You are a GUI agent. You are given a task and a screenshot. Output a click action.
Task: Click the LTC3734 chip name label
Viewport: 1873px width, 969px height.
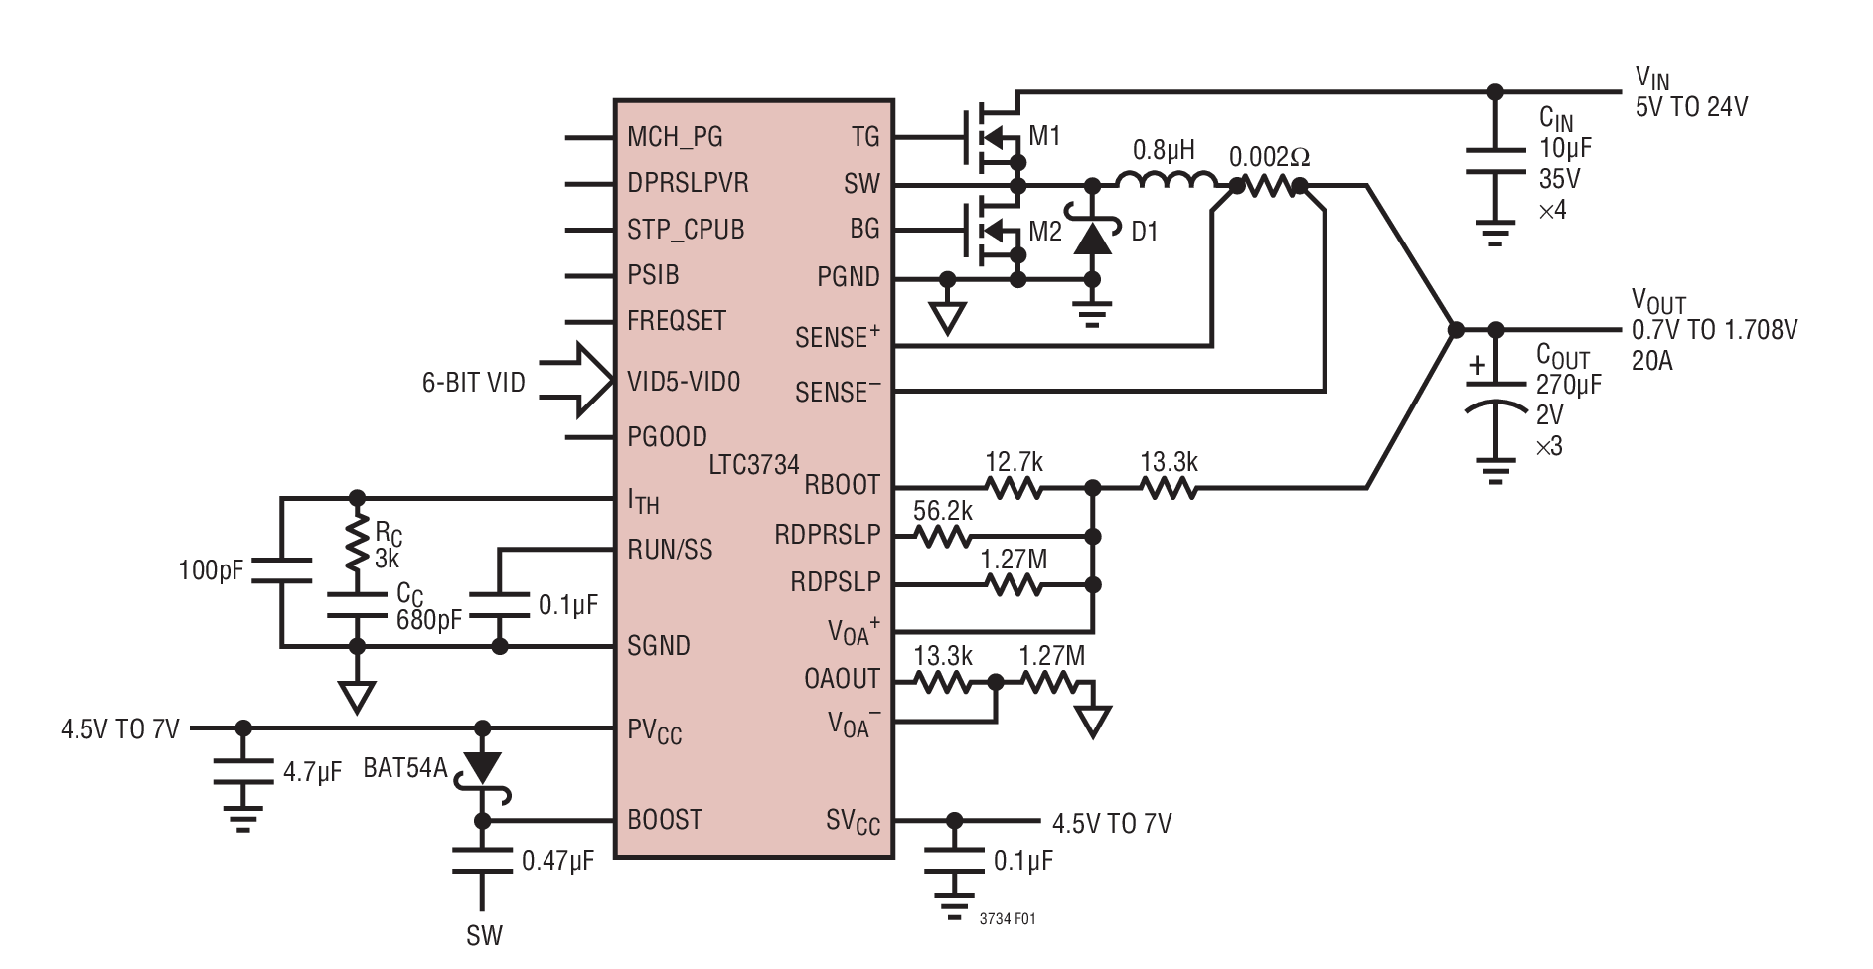[x=753, y=464]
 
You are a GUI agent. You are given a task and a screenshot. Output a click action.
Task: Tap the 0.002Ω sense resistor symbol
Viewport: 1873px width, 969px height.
[x=1269, y=185]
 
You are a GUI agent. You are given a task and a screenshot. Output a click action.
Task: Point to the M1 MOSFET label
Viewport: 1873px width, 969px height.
[x=1044, y=136]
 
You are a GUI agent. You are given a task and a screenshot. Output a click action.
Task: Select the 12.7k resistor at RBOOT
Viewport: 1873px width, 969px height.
[x=1014, y=488]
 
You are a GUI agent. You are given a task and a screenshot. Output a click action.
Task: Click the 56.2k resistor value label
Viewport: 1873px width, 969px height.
[x=942, y=511]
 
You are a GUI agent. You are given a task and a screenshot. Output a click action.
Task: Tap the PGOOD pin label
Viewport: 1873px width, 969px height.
[x=667, y=437]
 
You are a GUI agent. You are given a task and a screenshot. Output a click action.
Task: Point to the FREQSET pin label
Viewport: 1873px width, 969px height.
[x=677, y=321]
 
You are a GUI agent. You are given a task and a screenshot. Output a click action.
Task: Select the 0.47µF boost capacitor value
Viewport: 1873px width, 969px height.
[x=557, y=861]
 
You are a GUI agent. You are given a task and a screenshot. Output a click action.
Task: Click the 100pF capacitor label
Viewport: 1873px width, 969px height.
[x=211, y=570]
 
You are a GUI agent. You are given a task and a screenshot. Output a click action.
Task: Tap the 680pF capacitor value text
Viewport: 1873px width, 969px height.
[x=428, y=620]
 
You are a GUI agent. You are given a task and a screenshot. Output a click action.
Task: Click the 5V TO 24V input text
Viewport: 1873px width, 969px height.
[x=1691, y=107]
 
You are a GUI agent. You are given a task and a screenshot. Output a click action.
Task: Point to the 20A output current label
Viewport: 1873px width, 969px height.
[x=1651, y=361]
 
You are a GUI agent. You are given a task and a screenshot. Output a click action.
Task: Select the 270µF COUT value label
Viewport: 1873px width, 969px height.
[x=1568, y=385]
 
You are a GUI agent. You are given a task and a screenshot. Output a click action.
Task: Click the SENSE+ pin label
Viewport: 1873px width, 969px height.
[x=837, y=338]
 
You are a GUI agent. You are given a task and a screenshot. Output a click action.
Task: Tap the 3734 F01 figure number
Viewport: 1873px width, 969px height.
[x=1007, y=919]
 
